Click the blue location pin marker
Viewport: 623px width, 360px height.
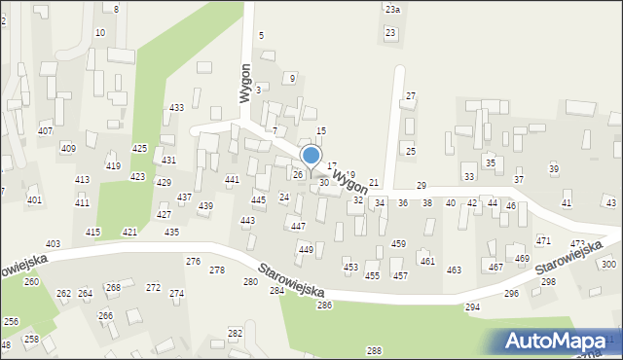(x=311, y=156)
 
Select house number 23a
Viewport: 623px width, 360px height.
(x=391, y=9)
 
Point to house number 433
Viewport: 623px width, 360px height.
(x=176, y=107)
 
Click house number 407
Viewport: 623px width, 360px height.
(x=45, y=130)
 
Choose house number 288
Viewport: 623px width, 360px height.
(x=374, y=350)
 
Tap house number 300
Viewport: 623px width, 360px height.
(x=608, y=265)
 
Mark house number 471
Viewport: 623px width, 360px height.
(x=543, y=240)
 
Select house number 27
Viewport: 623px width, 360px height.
(x=411, y=95)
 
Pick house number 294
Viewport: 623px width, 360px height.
(x=472, y=307)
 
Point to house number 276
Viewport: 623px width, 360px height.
(x=194, y=262)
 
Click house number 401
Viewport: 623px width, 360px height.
(x=34, y=200)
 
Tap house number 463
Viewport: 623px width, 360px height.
(x=454, y=270)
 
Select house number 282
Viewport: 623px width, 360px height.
(x=235, y=334)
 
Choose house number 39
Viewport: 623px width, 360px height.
(x=554, y=169)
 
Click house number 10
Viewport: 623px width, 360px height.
(x=99, y=33)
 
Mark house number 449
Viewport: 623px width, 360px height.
(x=306, y=250)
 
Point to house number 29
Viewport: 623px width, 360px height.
(x=421, y=185)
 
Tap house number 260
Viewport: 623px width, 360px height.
(x=31, y=282)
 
